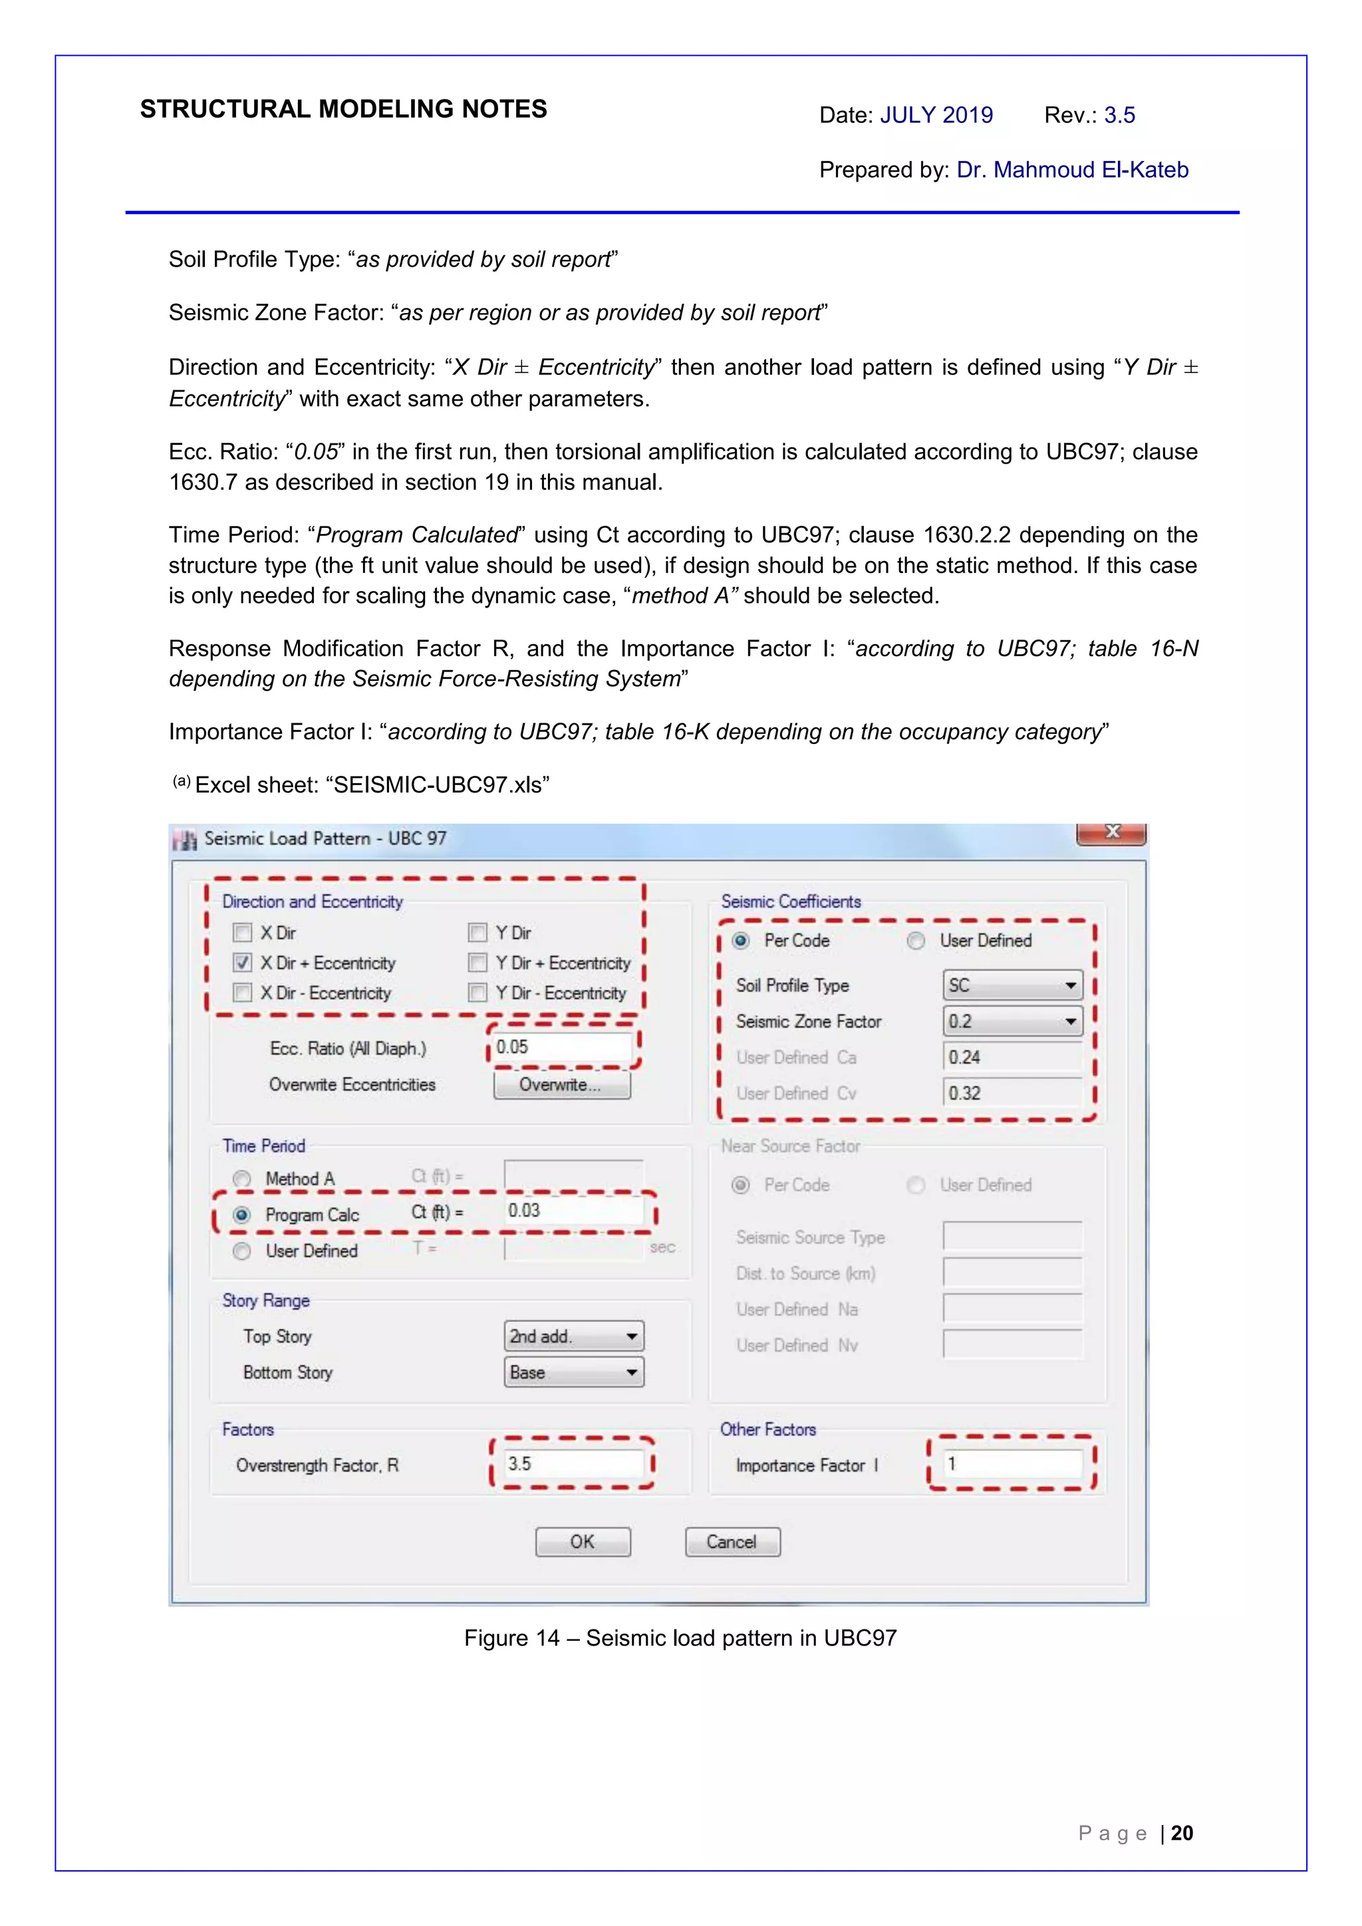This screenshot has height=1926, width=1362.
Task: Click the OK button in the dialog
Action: click(583, 1542)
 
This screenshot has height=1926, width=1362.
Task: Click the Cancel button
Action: click(732, 1542)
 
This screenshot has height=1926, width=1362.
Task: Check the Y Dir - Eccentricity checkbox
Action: click(477, 993)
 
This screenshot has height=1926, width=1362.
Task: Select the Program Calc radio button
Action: click(241, 1215)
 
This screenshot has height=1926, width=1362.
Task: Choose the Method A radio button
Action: click(241, 1179)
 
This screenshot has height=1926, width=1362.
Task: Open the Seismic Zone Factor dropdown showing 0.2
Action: click(1012, 1021)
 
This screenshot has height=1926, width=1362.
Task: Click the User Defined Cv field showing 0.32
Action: click(1012, 1093)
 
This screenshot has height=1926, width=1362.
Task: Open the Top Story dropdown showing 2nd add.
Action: click(573, 1336)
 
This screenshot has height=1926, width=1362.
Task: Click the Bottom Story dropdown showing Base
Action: click(573, 1372)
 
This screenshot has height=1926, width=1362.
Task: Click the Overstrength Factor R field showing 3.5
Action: click(573, 1464)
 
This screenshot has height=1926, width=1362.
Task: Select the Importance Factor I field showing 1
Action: click(1012, 1464)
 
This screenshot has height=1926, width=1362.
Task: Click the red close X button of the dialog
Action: click(1111, 832)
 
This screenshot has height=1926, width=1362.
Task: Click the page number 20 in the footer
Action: click(1182, 1833)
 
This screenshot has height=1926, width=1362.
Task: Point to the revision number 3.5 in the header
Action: click(1119, 115)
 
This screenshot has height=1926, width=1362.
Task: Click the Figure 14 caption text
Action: click(680, 1638)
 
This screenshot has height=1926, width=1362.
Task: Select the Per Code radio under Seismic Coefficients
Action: click(740, 940)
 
